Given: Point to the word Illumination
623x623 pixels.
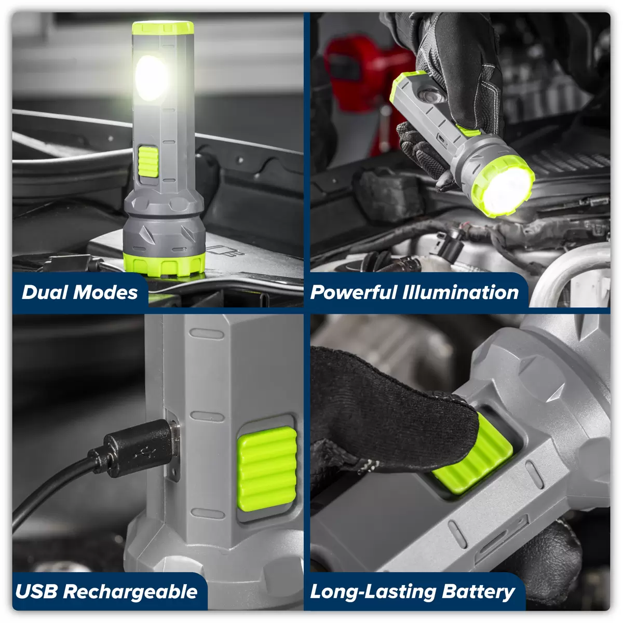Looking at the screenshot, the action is pyautogui.click(x=461, y=292).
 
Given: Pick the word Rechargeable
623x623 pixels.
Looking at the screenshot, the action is pyautogui.click(x=130, y=592).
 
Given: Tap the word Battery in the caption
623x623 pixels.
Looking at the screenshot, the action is pyautogui.click(x=478, y=592).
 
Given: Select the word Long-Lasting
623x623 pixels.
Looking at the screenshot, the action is pyautogui.click(x=373, y=592).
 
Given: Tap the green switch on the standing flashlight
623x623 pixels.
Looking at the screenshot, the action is pyautogui.click(x=148, y=161).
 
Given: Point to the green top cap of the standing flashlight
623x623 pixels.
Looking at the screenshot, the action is pyautogui.click(x=163, y=28).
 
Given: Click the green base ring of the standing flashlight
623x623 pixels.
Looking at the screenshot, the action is pyautogui.click(x=164, y=264).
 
